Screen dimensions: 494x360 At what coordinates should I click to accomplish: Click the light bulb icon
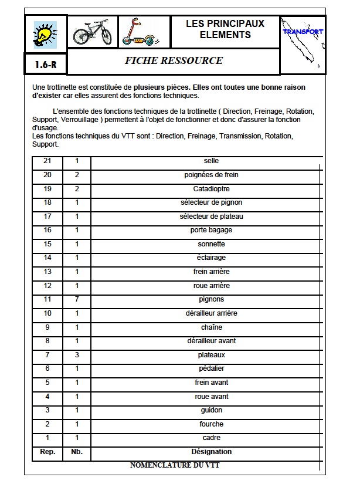[x=46, y=34]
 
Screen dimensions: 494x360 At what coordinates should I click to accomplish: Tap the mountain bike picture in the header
[x=92, y=33]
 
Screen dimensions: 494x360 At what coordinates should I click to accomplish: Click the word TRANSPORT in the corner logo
[x=303, y=32]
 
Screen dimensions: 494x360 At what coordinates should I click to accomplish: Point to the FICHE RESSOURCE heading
[x=174, y=61]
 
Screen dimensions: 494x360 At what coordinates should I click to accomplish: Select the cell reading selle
[x=211, y=161]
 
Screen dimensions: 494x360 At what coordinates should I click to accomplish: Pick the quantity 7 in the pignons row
[x=77, y=299]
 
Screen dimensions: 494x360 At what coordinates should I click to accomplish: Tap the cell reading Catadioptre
[x=211, y=189]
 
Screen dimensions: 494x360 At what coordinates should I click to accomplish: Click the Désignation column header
[x=211, y=452]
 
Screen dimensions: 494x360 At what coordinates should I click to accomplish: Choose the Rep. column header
[x=47, y=452]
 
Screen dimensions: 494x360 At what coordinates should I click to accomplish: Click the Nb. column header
[x=77, y=452]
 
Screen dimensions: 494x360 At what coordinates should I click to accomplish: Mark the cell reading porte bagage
[x=211, y=230]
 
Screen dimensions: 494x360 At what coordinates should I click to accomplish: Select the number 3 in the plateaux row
[x=77, y=355]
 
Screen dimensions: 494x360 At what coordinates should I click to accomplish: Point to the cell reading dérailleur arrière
[x=211, y=313]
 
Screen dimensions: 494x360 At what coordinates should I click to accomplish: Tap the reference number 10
[x=47, y=313]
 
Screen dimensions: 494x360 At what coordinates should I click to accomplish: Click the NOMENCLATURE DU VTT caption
[x=175, y=465]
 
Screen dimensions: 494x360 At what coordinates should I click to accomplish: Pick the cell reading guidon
[x=211, y=410]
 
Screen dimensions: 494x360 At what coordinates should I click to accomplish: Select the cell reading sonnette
[x=211, y=244]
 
